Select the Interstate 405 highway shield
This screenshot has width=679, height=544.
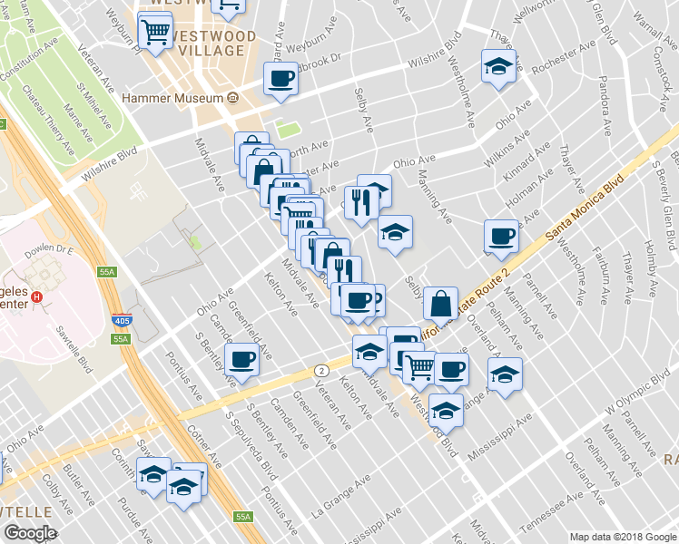(x=122, y=320)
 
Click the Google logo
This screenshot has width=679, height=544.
(x=30, y=533)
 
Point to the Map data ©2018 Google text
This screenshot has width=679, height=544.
(x=623, y=537)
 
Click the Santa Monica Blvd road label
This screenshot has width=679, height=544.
(x=586, y=208)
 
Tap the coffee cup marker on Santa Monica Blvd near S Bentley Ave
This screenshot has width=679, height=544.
(x=242, y=359)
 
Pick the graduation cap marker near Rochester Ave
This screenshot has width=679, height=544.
(x=498, y=66)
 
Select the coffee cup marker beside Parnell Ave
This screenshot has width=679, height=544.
(x=500, y=237)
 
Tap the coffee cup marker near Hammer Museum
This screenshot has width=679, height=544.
(x=281, y=78)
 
